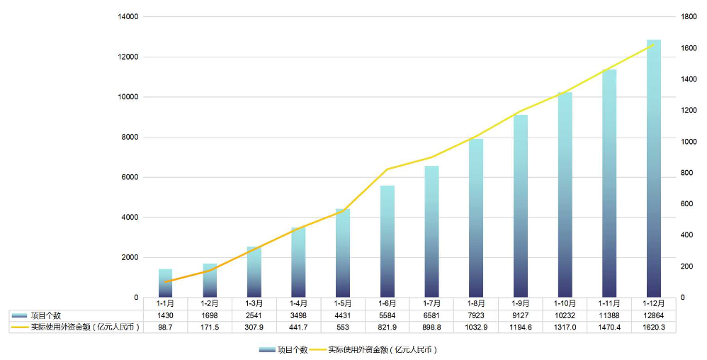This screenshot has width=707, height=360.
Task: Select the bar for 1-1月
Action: (165, 283)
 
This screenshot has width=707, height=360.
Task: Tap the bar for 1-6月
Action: (388, 242)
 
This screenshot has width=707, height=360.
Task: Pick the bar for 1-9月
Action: (521, 206)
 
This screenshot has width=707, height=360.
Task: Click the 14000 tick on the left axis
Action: (129, 16)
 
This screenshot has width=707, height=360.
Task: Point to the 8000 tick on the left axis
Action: (129, 137)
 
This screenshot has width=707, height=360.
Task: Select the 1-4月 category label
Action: (298, 303)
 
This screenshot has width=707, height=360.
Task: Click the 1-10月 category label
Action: (565, 303)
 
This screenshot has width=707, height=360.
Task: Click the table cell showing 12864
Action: (653, 315)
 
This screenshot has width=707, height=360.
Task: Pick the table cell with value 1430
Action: (165, 315)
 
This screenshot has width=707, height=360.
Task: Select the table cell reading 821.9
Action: (388, 327)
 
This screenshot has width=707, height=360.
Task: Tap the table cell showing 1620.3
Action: (653, 327)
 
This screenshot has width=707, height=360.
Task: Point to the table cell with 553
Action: (343, 327)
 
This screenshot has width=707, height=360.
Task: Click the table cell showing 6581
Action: (431, 315)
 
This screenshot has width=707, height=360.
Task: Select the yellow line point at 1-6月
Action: (388, 169)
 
